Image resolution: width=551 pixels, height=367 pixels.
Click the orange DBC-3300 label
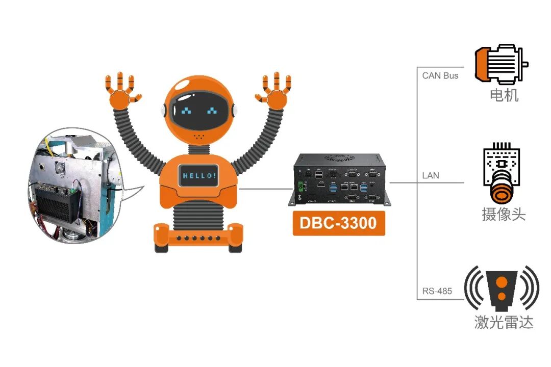[x=338, y=222]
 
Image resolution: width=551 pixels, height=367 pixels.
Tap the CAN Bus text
[x=440, y=75]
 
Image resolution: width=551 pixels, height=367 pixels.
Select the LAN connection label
[x=430, y=175]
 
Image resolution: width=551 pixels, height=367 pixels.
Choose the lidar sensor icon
[x=502, y=289]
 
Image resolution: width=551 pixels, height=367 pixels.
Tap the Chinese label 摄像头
[x=504, y=214]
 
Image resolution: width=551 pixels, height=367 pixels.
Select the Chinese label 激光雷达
[x=504, y=322]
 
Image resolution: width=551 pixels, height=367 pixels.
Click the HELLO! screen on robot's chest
[x=199, y=176]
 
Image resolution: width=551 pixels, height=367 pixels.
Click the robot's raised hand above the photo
[x=122, y=90]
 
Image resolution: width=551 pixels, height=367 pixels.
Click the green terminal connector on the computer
[x=300, y=186]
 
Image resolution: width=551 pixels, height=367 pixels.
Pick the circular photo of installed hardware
[x=77, y=186]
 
